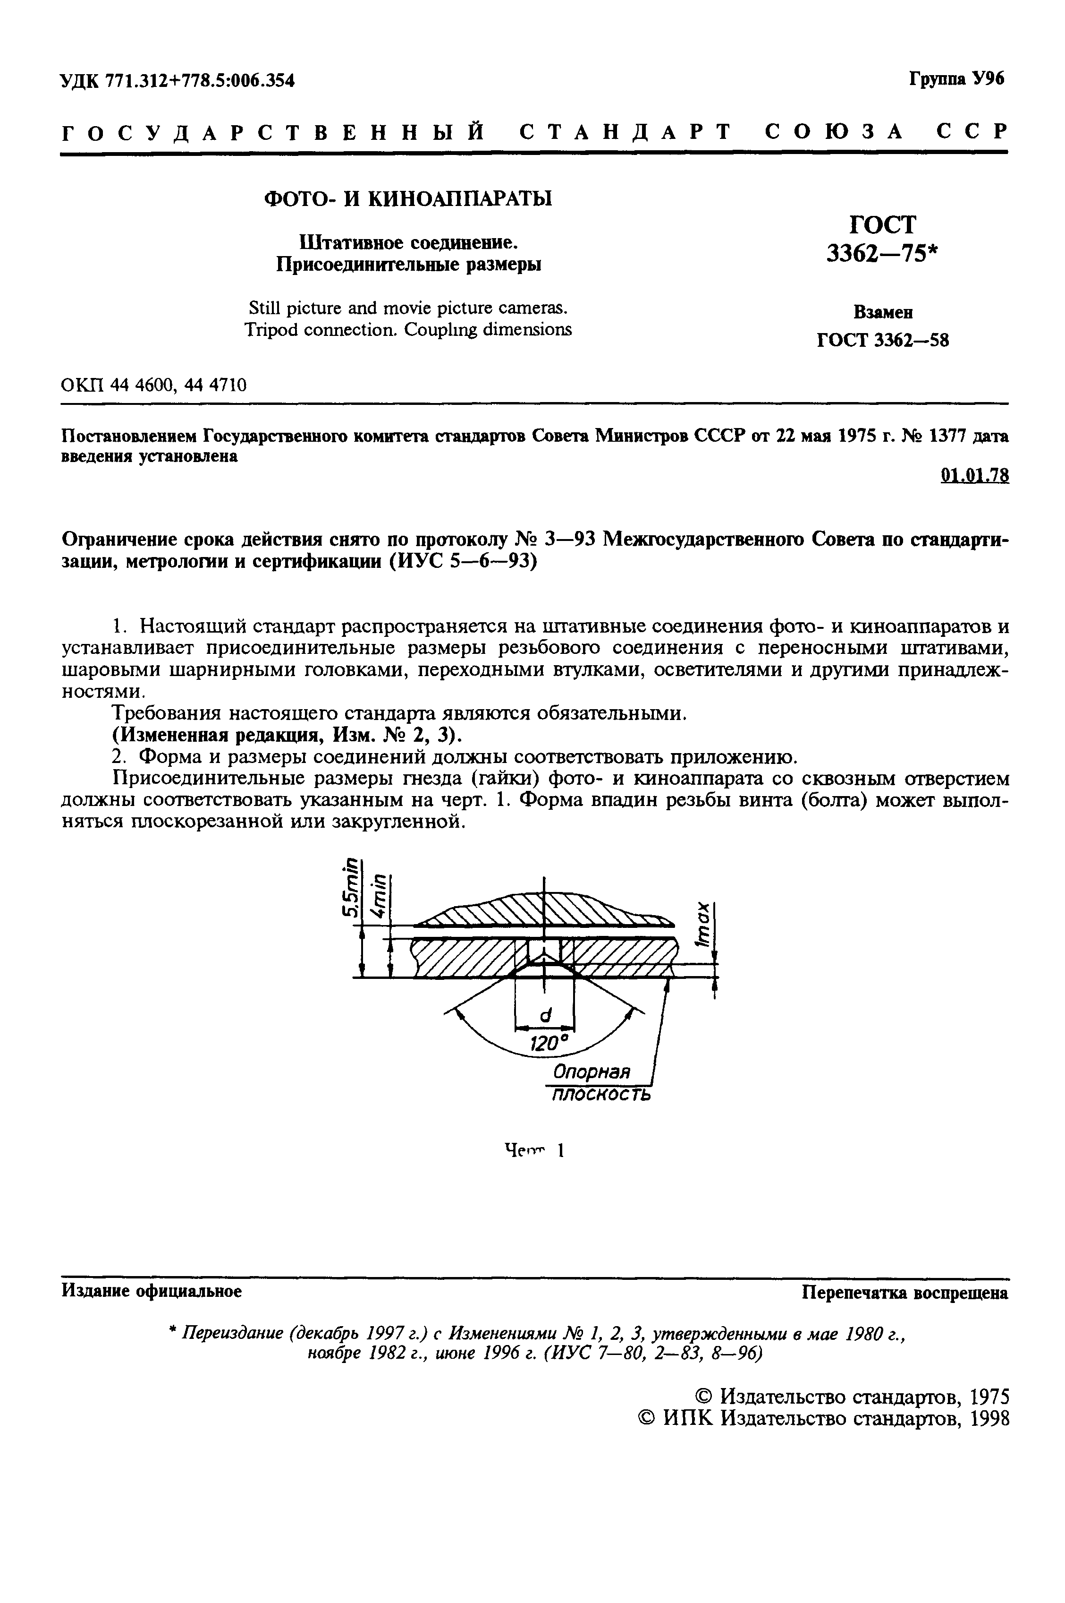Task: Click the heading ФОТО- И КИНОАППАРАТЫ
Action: pos(407,198)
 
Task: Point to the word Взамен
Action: pos(882,313)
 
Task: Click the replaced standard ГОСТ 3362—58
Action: pos(882,341)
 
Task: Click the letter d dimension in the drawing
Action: pos(545,1014)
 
